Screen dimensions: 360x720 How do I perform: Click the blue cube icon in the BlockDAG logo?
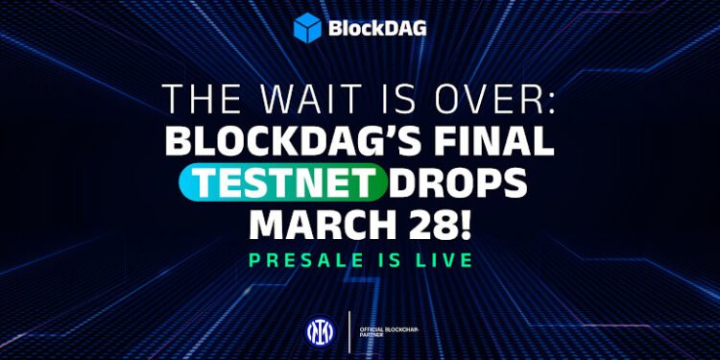point(308,27)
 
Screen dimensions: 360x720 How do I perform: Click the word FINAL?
point(504,143)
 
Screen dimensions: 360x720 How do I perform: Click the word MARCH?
point(319,224)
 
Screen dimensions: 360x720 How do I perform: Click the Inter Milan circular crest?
point(316,330)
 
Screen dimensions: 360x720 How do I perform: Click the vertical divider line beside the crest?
point(347,330)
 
